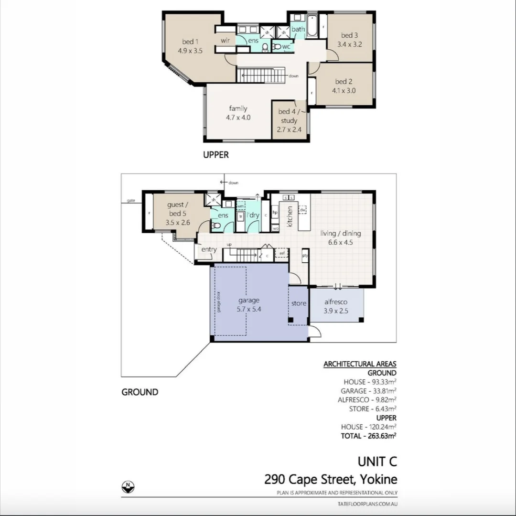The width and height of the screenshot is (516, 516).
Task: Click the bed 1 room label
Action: coord(190,41)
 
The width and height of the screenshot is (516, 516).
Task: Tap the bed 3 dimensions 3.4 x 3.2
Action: coord(349,44)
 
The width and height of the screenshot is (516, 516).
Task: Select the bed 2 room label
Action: coord(344,82)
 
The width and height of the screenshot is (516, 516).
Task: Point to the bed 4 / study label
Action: coord(289,116)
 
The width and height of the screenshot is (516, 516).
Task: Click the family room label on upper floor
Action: coord(237,108)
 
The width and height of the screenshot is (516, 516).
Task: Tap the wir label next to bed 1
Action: coord(226,41)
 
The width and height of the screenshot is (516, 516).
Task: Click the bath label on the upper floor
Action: coord(298,29)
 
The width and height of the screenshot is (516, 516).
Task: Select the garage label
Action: coord(249,300)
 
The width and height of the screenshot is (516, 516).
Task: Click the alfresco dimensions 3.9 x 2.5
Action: coord(335,311)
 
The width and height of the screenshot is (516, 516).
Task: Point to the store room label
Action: coord(299,303)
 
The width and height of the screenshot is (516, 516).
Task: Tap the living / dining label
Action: coord(340,234)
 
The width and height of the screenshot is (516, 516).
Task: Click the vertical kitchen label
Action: coord(290,216)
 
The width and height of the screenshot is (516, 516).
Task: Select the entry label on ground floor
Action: coord(209,249)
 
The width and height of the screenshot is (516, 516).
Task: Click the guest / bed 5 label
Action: coord(178,209)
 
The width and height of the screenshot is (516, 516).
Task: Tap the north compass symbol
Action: coord(127,486)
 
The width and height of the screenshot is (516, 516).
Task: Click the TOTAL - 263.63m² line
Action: coord(368,436)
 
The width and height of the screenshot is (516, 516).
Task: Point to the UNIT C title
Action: coord(377,462)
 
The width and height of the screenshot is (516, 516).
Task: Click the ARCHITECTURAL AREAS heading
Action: coord(360,364)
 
